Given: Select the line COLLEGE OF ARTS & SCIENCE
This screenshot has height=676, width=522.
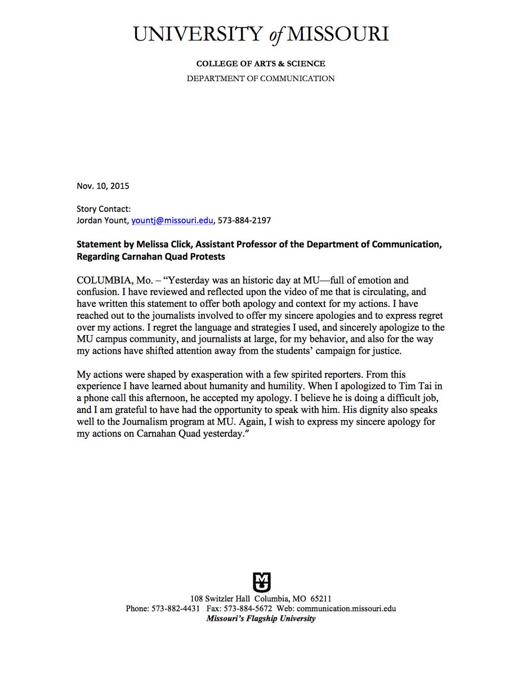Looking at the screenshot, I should (261, 64).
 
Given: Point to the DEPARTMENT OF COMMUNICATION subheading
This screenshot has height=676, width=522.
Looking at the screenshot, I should (261, 78).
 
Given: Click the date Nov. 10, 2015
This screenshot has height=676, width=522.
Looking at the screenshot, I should (99, 185).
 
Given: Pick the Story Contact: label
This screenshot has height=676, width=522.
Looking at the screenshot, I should (104, 209).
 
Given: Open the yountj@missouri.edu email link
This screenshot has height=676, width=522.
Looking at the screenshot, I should (172, 221).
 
